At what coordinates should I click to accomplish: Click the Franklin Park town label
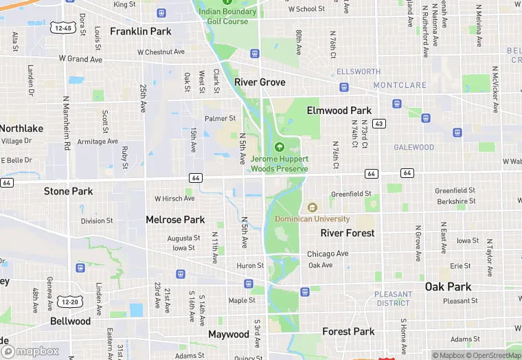click(x=140, y=32)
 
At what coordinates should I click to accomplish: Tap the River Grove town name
click(x=260, y=82)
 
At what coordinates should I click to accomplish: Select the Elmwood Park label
click(x=339, y=111)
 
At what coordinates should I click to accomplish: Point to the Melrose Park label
click(x=175, y=220)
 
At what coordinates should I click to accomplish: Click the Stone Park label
click(x=68, y=191)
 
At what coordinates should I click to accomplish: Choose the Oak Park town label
click(x=448, y=286)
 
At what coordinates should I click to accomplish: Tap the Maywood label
click(x=229, y=335)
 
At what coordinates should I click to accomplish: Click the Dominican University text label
click(x=313, y=219)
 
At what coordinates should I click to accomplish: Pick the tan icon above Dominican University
click(x=313, y=207)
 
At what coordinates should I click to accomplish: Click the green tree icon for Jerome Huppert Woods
click(x=280, y=147)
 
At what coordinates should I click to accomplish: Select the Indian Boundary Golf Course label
click(x=227, y=16)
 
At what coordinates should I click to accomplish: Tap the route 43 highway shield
click(x=380, y=123)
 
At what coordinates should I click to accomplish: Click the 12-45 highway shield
click(x=63, y=28)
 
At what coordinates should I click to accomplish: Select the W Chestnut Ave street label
click(x=161, y=52)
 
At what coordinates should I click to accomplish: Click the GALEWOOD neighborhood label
click(x=413, y=148)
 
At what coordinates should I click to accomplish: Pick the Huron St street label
click(x=250, y=266)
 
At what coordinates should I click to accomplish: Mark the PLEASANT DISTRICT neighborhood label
click(x=394, y=299)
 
